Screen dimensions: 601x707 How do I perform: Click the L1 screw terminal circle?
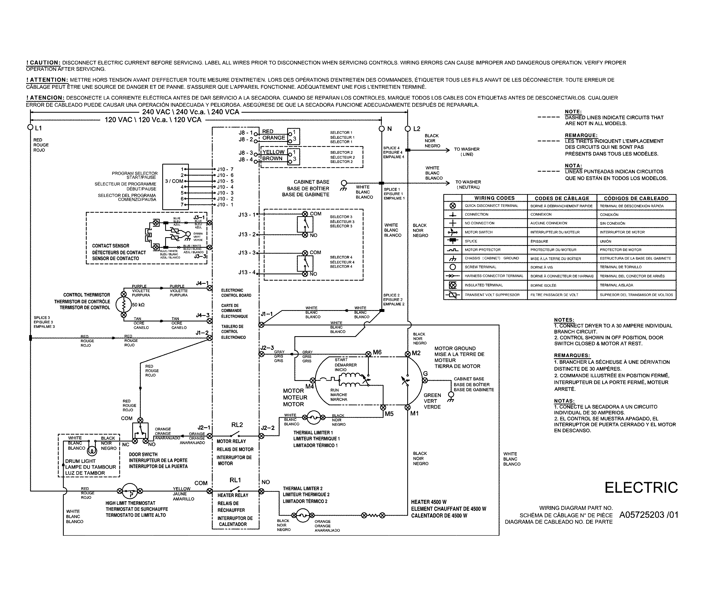pyautogui.click(x=30, y=127)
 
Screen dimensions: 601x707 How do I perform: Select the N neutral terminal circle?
pyautogui.click(x=381, y=128)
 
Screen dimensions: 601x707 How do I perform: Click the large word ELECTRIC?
pyautogui.click(x=641, y=488)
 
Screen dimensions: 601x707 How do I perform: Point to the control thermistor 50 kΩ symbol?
pyautogui.click(x=123, y=305)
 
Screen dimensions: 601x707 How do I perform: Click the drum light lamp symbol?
pyautogui.click(x=92, y=451)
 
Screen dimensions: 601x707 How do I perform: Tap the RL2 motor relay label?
pyautogui.click(x=237, y=425)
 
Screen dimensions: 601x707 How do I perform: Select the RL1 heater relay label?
pyautogui.click(x=235, y=480)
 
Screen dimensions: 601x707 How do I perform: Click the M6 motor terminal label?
pyautogui.click(x=377, y=352)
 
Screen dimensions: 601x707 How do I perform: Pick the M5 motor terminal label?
pyautogui.click(x=389, y=414)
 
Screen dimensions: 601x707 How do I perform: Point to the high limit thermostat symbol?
pyautogui.click(x=130, y=491)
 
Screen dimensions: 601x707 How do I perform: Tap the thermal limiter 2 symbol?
pyautogui.click(x=302, y=515)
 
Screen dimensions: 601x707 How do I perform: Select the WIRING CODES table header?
pyautogui.click(x=494, y=198)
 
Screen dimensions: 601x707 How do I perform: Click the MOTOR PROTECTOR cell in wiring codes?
pyautogui.click(x=482, y=250)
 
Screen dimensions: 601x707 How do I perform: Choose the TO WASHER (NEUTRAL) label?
pyautogui.click(x=468, y=184)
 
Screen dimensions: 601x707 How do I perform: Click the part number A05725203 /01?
pyautogui.click(x=648, y=515)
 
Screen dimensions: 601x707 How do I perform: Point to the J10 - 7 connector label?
pyautogui.click(x=225, y=169)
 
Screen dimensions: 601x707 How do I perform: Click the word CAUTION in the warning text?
pyautogui.click(x=45, y=63)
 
